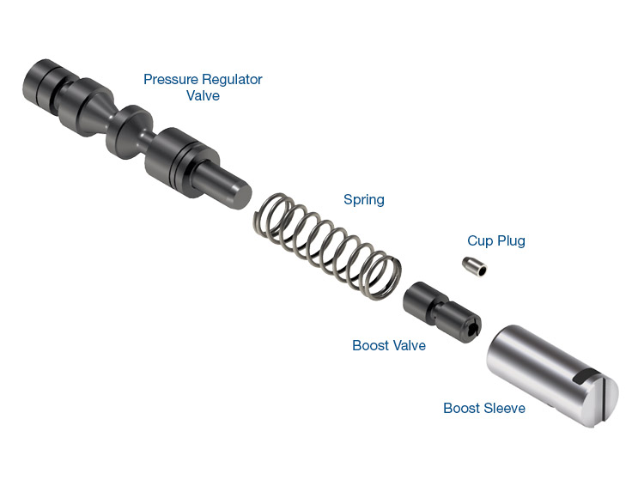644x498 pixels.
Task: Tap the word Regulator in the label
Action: pos(233,79)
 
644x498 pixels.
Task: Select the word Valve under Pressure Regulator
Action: pos(203,95)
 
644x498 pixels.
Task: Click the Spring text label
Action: pos(364,200)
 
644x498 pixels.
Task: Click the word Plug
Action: pos(512,241)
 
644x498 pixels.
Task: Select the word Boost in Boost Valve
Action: pos(369,345)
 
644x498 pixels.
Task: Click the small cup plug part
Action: pos(475,266)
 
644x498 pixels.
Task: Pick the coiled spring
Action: pos(327,245)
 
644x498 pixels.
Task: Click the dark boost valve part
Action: pos(442,312)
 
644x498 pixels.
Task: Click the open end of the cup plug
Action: pos(481,270)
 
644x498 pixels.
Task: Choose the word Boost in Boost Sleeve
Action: pos(461,408)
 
